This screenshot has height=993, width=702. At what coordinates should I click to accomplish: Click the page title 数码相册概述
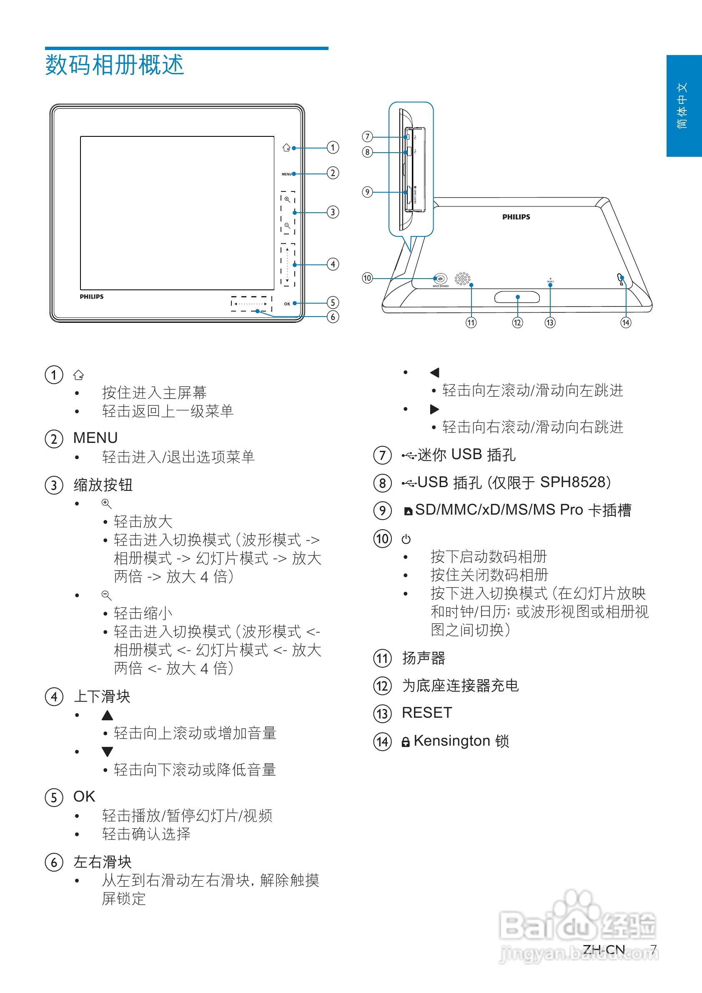coord(115,65)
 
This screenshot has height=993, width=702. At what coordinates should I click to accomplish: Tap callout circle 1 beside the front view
coord(332,148)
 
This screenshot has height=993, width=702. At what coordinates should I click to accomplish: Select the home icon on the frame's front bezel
coord(286,148)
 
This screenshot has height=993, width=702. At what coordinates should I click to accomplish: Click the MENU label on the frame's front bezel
coord(286,174)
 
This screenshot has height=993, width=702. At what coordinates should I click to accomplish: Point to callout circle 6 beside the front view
coord(332,317)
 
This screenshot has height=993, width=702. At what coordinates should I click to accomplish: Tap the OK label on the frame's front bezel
coord(287,304)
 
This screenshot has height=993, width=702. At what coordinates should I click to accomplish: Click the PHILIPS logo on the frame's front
coord(92,297)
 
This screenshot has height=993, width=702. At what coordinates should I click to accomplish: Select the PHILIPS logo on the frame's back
coord(516,217)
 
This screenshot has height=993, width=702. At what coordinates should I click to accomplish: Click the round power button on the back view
coord(440,279)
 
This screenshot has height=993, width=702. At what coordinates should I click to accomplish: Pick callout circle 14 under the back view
coord(625,323)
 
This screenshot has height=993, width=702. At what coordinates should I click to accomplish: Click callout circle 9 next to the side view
coord(367,191)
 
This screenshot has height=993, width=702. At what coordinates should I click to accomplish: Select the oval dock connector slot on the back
coord(517,297)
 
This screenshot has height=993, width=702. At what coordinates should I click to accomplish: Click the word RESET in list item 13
coord(426,712)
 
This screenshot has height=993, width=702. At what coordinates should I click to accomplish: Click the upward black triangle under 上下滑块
coord(107,715)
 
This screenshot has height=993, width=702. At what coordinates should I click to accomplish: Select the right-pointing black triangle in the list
coord(434,409)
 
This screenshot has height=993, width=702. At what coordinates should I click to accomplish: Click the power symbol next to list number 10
coord(406,539)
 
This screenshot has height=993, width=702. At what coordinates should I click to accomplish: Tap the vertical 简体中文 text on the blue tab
coord(682,106)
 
